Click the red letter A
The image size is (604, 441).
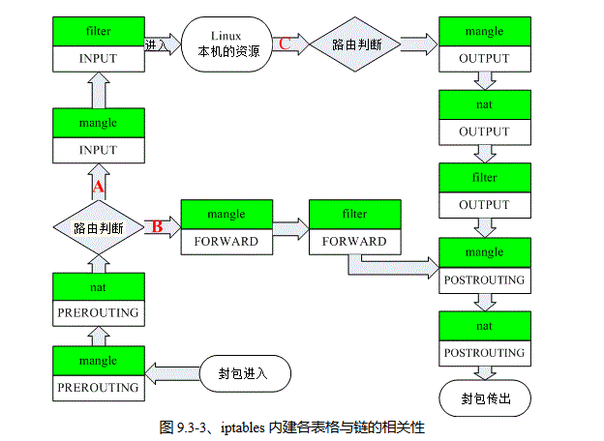pyautogui.click(x=97, y=184)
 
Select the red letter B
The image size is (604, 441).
pyautogui.click(x=156, y=227)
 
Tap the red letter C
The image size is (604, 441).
pyautogui.click(x=284, y=43)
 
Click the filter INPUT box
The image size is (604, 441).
pyautogui.click(x=98, y=44)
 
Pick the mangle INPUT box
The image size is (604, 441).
pyautogui.click(x=98, y=136)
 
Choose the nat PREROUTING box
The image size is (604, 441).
pyautogui.click(x=98, y=300)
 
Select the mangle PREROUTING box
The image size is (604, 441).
pyautogui.click(x=98, y=373)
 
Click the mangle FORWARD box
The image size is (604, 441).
pyautogui.click(x=226, y=227)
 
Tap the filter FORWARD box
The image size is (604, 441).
pyautogui.click(x=355, y=227)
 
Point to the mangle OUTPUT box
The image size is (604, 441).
pyautogui.click(x=484, y=44)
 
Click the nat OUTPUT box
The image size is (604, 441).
pyautogui.click(x=484, y=118)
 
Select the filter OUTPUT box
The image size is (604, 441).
pyautogui.click(x=484, y=191)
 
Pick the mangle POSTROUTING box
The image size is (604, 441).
pyautogui.click(x=484, y=265)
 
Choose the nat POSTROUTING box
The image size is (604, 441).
pyautogui.click(x=484, y=338)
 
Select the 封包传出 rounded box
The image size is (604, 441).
pyautogui.click(x=485, y=397)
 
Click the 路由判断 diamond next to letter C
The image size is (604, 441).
pyautogui.click(x=355, y=44)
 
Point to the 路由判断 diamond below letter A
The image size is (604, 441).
pyautogui.click(x=98, y=228)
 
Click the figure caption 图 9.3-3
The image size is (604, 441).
pyautogui.click(x=291, y=426)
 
